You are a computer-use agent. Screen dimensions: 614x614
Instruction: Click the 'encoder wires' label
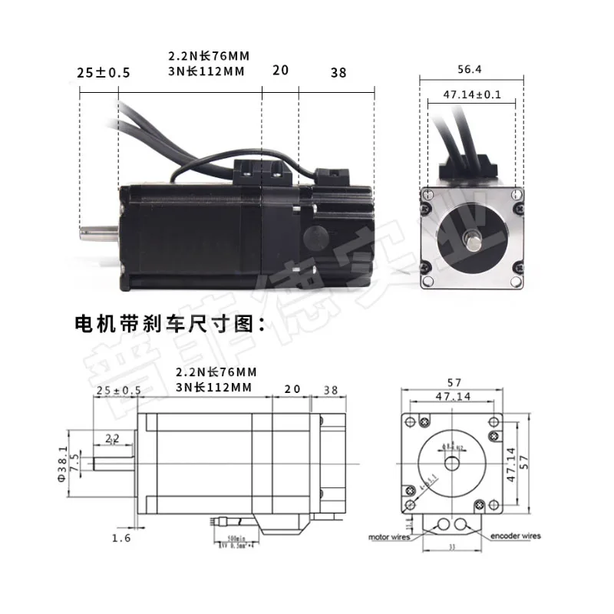516,535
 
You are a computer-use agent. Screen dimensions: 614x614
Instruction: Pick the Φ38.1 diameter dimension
64,462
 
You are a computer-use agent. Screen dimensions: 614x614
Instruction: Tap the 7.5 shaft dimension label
74,463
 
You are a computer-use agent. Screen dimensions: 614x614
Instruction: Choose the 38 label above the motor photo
338,73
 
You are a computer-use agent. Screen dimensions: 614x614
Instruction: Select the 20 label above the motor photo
280,70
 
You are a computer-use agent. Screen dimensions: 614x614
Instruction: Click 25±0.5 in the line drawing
119,390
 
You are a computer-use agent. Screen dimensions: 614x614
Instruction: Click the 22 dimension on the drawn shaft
112,438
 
